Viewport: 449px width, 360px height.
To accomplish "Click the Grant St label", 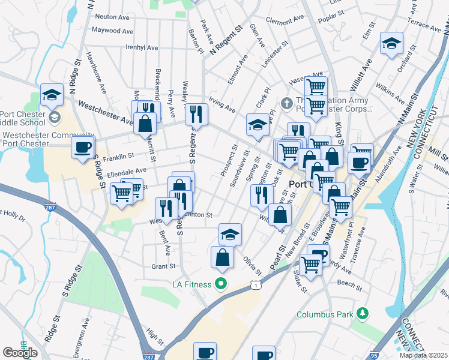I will coord(163,266).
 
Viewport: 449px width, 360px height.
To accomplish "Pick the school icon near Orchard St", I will coord(391,43).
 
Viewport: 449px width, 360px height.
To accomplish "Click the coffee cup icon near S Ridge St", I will coord(82,146).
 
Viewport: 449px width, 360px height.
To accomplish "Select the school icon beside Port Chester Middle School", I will coord(52,94).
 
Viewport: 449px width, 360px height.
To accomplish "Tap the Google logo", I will coord(20,353).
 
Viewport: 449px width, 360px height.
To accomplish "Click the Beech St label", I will coord(348,282).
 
